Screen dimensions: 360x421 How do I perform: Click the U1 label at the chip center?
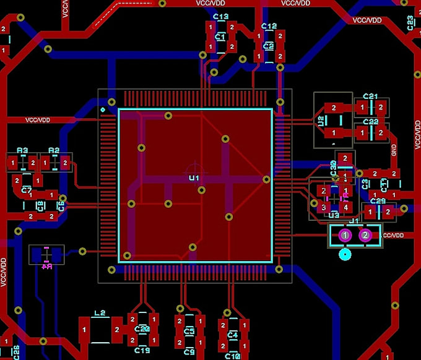(194, 178)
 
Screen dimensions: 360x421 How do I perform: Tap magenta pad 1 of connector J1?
(345, 235)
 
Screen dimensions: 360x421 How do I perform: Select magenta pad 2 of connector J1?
(365, 235)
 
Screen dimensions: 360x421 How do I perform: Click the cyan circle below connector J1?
(345, 254)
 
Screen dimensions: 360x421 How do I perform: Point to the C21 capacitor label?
(370, 96)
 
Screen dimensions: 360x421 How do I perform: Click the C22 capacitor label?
(370, 122)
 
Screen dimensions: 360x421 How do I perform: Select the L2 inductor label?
(98, 314)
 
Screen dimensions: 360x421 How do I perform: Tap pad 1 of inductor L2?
(84, 331)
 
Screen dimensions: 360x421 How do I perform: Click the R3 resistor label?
(22, 151)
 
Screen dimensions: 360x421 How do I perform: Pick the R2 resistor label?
(54, 151)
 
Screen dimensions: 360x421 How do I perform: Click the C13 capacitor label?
(220, 17)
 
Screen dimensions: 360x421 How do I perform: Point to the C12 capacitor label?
(269, 27)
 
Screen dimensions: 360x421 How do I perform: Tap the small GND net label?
(394, 149)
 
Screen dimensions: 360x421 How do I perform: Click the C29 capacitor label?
(378, 202)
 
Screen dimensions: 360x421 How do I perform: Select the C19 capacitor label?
(142, 351)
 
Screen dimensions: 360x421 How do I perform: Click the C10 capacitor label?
(232, 356)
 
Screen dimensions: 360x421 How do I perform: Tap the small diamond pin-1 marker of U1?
(103, 110)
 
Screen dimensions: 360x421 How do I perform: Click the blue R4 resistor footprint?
(46, 254)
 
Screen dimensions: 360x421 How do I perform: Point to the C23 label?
(410, 23)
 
